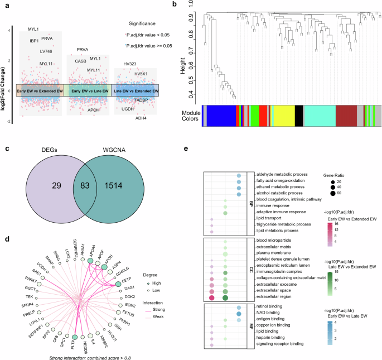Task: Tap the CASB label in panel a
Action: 80,61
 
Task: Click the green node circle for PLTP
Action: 75,320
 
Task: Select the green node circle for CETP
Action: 118,284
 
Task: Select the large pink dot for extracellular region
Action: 212,297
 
